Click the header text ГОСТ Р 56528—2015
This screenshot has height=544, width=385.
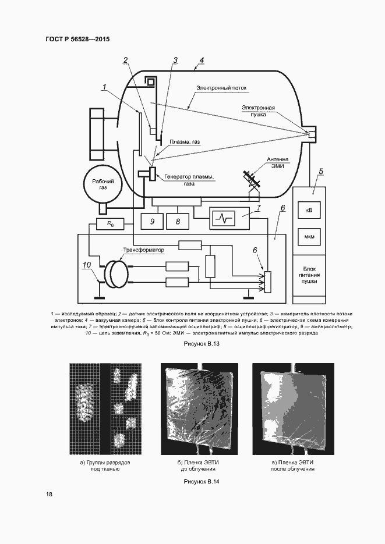tap(77, 39)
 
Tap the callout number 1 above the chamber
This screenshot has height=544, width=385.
tap(103, 87)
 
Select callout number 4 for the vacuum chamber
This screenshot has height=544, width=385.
tap(201, 61)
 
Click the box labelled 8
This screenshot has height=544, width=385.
tap(178, 221)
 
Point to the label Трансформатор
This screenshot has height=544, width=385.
tap(143, 250)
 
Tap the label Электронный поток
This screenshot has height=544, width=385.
tap(221, 88)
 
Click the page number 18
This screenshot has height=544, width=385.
tap(50, 495)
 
